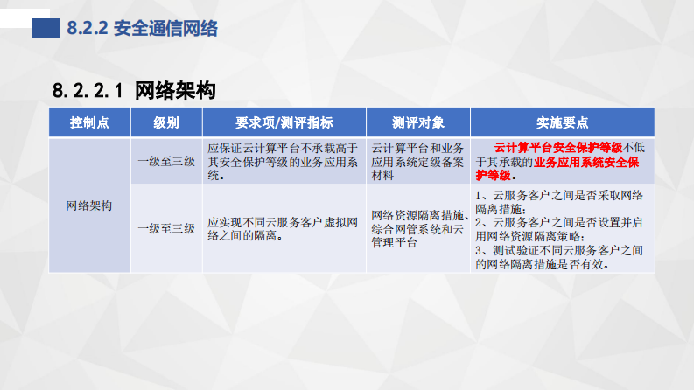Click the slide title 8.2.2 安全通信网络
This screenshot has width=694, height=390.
142,29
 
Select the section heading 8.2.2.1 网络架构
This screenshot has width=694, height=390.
134,90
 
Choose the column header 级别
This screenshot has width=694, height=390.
166,122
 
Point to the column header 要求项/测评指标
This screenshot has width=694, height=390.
284,122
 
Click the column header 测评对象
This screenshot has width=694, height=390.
417,122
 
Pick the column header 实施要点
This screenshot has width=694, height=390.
562,122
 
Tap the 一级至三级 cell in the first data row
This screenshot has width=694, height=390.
166,162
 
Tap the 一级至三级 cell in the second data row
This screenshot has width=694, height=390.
166,229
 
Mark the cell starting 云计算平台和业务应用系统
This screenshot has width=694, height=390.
417,162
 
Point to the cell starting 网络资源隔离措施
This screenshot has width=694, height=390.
417,229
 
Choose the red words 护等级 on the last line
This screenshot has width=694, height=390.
494,175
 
